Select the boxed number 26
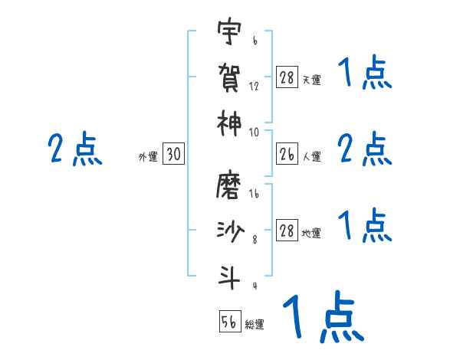click(x=287, y=155)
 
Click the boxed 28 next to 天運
click(x=287, y=78)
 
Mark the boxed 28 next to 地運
click(x=287, y=231)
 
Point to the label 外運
click(x=147, y=158)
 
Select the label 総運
click(x=255, y=325)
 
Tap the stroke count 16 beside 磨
click(x=254, y=195)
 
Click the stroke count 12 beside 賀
click(x=254, y=86)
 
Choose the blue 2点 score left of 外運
click(x=74, y=149)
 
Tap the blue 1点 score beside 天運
click(x=365, y=74)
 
